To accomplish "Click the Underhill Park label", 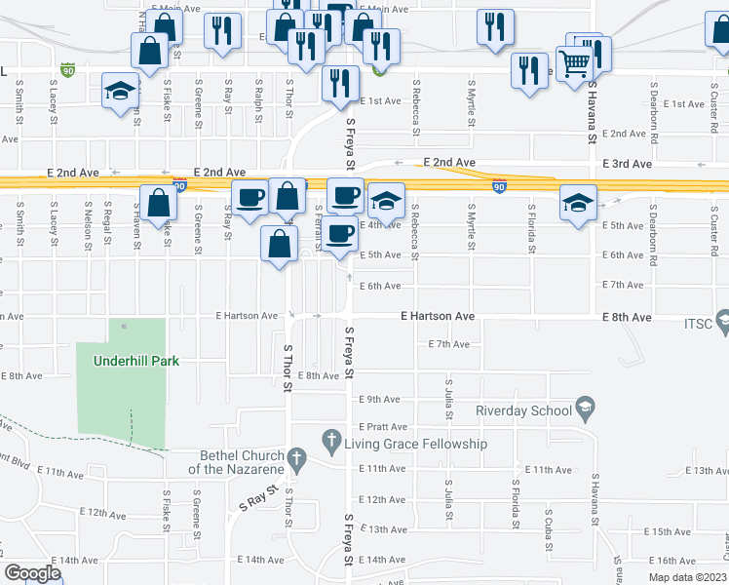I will point(136,361).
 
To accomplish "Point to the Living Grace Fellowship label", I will point(416,444).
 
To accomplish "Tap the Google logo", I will point(32,573).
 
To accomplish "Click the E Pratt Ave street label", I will point(382,427).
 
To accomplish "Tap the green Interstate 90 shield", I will point(66,71).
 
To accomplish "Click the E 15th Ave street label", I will point(668,531).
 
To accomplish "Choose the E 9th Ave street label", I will point(380,400).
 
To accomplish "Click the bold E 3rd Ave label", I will point(627,165).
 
